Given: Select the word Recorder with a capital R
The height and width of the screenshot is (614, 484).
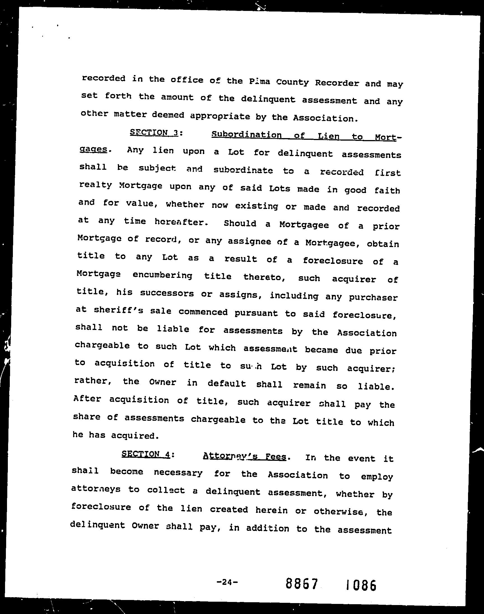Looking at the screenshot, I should click(337, 83).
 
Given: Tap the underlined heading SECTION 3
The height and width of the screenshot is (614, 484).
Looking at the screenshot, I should click(153, 132).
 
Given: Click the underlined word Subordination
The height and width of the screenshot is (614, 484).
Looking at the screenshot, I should click(246, 135).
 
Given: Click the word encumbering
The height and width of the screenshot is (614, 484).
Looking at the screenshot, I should click(162, 275).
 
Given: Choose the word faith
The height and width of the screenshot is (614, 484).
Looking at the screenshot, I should click(387, 191).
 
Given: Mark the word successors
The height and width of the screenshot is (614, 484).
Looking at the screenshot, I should click(167, 293).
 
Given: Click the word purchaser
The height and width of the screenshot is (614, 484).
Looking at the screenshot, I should click(373, 297).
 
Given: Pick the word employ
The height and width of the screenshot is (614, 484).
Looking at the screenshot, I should click(377, 476).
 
